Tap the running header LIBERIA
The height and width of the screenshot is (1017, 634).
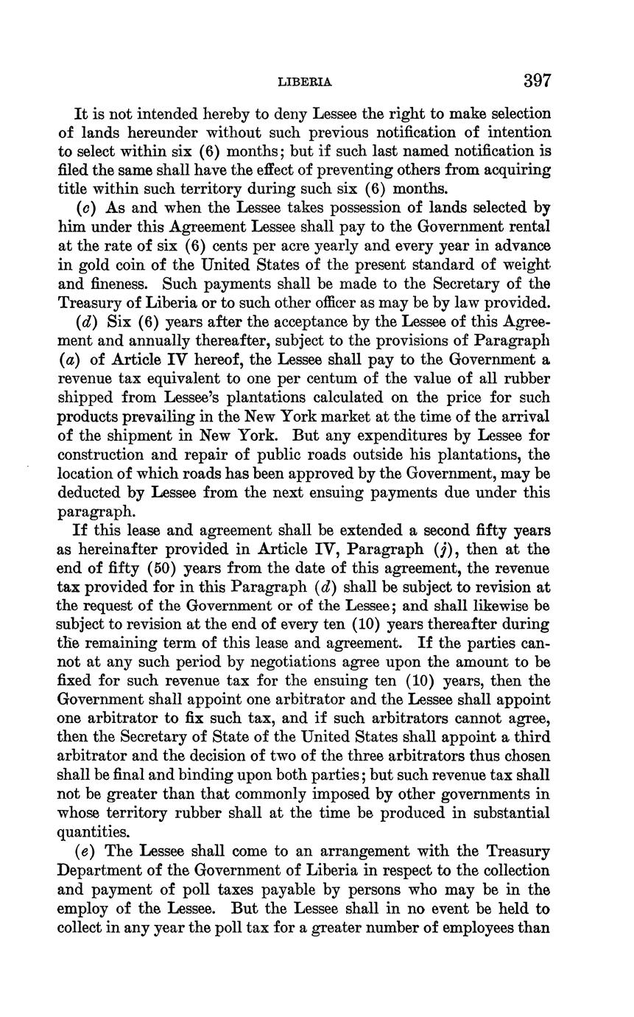point(304,83)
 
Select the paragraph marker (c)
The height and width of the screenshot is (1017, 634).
point(84,208)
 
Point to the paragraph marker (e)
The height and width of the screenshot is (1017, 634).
point(85,851)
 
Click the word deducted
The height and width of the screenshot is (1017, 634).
point(92,492)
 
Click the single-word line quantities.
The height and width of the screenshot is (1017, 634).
point(94,832)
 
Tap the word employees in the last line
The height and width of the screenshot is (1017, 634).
point(477,927)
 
